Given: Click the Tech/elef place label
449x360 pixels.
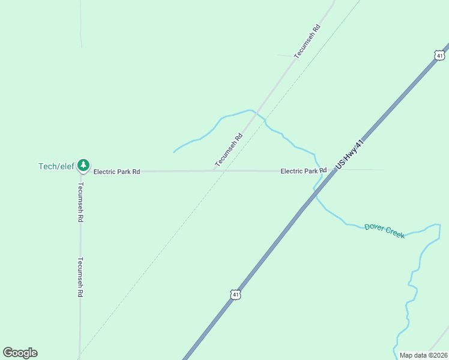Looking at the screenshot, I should click(x=56, y=166).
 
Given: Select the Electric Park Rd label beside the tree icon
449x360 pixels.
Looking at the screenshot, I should click(x=116, y=172).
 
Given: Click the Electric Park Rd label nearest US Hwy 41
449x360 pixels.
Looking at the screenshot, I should click(x=303, y=171).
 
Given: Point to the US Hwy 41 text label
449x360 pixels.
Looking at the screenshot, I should click(x=351, y=154).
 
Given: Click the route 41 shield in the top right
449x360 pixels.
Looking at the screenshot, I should click(x=440, y=55).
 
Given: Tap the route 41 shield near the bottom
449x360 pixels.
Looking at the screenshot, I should click(x=236, y=295).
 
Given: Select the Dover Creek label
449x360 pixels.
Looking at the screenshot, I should click(x=385, y=231).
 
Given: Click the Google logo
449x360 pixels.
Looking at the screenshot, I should click(x=20, y=353).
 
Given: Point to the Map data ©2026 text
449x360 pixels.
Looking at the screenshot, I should click(x=423, y=355).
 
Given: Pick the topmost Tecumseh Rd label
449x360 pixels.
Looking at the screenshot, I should click(x=307, y=41).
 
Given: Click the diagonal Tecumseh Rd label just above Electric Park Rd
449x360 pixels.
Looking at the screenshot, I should click(x=229, y=150).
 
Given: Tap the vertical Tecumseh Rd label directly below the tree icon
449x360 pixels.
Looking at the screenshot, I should click(x=80, y=202).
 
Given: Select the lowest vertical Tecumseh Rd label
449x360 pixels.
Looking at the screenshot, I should click(x=79, y=278).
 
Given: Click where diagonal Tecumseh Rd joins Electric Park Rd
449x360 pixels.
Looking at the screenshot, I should click(x=214, y=171).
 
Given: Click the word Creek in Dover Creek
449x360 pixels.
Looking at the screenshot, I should click(x=394, y=233).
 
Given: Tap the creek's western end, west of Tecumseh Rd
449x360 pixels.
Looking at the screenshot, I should click(x=174, y=152).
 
